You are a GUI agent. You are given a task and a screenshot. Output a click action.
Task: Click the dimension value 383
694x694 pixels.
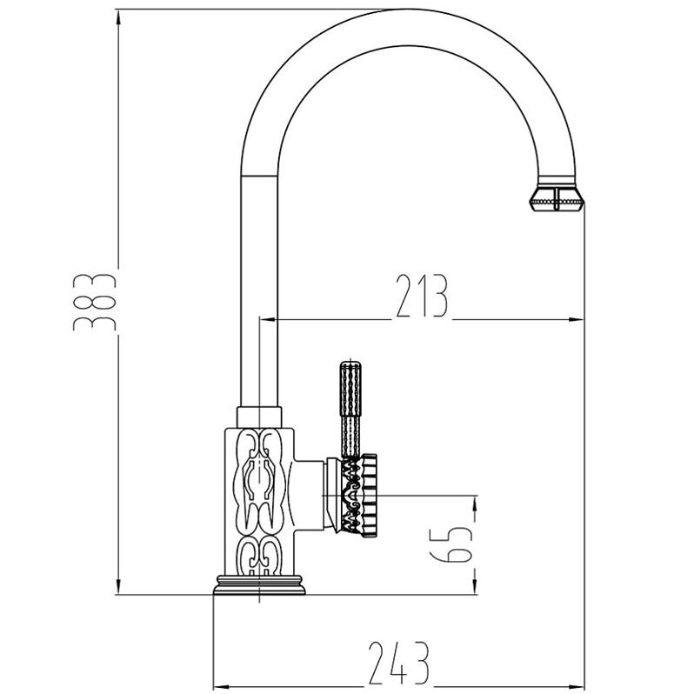(94, 303)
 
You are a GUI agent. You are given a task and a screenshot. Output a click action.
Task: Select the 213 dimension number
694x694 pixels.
(422, 296)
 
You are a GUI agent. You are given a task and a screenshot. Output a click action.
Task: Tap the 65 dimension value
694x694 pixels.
(451, 544)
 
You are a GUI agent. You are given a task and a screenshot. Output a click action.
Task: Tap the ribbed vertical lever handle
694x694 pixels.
(350, 409)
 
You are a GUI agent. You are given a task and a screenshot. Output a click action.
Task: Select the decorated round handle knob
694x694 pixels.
(358, 495)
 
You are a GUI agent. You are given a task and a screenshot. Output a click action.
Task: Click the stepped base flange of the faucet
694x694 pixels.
(259, 584)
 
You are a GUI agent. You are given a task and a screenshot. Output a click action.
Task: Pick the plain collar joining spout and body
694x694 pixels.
(259, 417)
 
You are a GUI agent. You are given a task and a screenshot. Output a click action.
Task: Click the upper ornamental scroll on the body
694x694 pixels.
(259, 480)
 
